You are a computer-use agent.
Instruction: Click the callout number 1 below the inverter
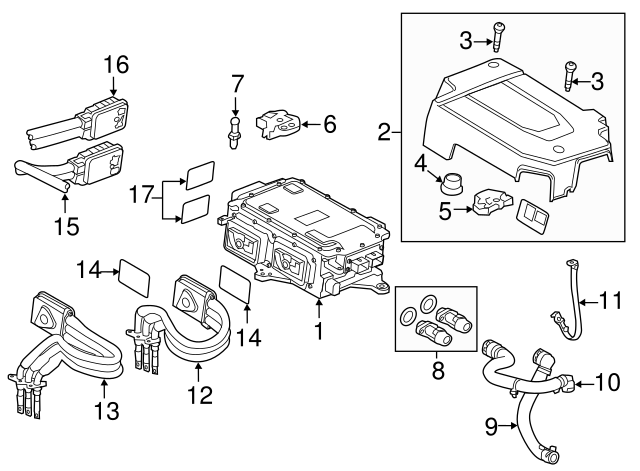point(320,327)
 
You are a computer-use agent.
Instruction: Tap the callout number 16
point(117,65)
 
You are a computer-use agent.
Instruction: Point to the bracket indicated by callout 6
point(278,125)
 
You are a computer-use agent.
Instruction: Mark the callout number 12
point(202,396)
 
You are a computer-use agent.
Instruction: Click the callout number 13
point(102,411)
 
